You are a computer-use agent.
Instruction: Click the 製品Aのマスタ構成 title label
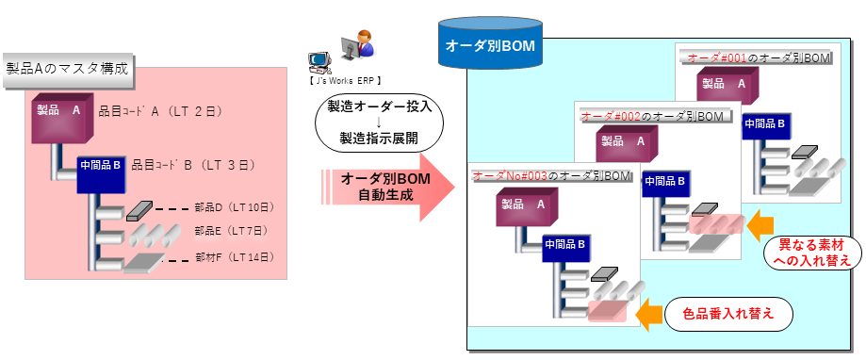(67, 69)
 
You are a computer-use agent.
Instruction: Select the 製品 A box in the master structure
(61, 113)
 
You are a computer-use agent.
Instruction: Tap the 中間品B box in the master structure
(101, 173)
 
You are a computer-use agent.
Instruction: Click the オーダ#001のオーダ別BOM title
(759, 58)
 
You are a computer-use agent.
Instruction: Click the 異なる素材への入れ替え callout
(809, 252)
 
